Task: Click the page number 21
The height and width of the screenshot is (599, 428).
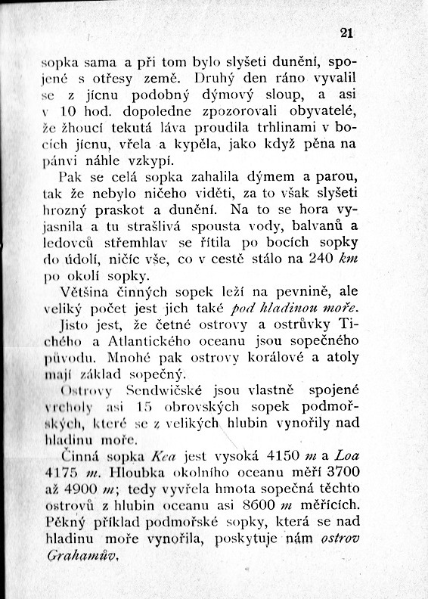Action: click(347, 33)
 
